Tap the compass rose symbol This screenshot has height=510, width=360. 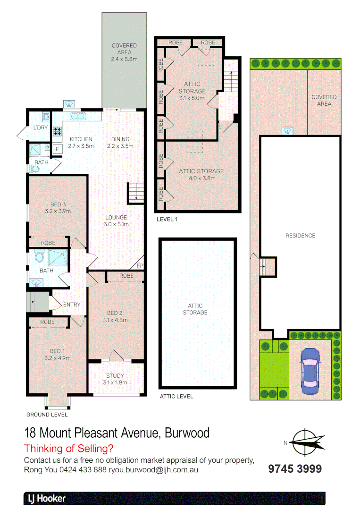click(306, 442)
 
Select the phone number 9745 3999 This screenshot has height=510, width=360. click(295, 468)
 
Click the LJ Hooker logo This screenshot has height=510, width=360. click(45, 498)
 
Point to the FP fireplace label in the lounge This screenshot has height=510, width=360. click(140, 266)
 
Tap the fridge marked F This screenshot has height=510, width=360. click(57, 149)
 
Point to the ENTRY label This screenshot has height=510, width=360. click(72, 305)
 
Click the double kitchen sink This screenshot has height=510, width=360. click(76, 116)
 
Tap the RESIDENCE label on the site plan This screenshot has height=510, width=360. click(300, 236)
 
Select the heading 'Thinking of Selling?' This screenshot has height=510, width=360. click(68, 449)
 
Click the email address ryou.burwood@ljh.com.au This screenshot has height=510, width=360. click(153, 470)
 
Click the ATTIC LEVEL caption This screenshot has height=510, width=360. click(176, 396)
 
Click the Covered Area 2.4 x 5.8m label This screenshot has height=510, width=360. click(124, 52)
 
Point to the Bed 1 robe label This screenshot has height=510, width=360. click(48, 322)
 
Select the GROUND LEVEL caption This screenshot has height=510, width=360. click(47, 415)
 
